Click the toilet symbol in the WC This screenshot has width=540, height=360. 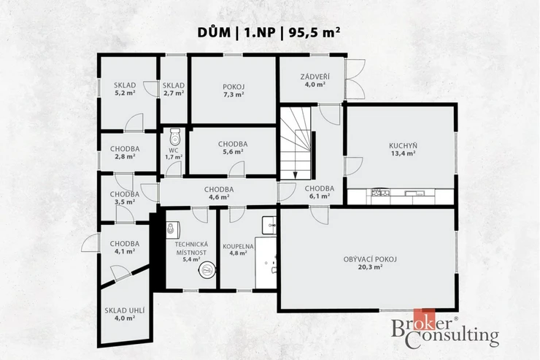pos(175,137)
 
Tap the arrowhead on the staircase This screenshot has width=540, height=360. pos(295,175)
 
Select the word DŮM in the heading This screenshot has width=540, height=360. pos(214,32)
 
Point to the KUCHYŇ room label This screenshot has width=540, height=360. pos(403,146)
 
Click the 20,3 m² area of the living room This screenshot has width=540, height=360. pos(370,267)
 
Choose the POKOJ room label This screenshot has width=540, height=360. pos(234,87)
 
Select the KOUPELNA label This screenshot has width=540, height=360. pos(238,247)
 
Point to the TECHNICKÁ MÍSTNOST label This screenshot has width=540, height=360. pos(191,248)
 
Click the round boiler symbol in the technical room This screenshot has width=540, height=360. pos(207,269)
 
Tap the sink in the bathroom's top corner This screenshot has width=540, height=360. pos(269,226)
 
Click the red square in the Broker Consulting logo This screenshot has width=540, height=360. pos(424,320)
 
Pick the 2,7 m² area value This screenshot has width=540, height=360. pos(174,93)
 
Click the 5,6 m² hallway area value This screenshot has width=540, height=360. pos(234,151)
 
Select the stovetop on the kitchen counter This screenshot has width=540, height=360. pos(380,192)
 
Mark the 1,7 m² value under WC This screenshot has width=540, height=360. pos(174,157)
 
